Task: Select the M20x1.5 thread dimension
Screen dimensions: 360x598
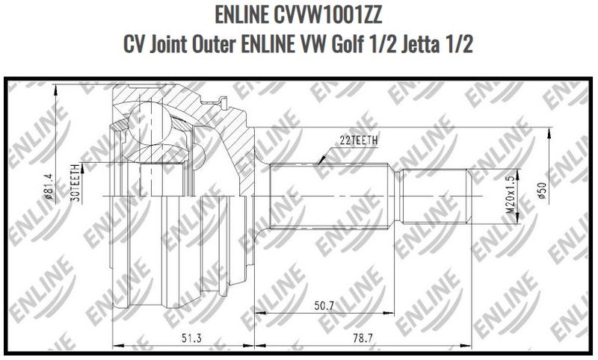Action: click(x=511, y=196)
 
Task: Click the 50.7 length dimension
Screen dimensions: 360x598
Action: click(x=323, y=306)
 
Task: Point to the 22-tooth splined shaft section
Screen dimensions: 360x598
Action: click(x=333, y=196)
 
